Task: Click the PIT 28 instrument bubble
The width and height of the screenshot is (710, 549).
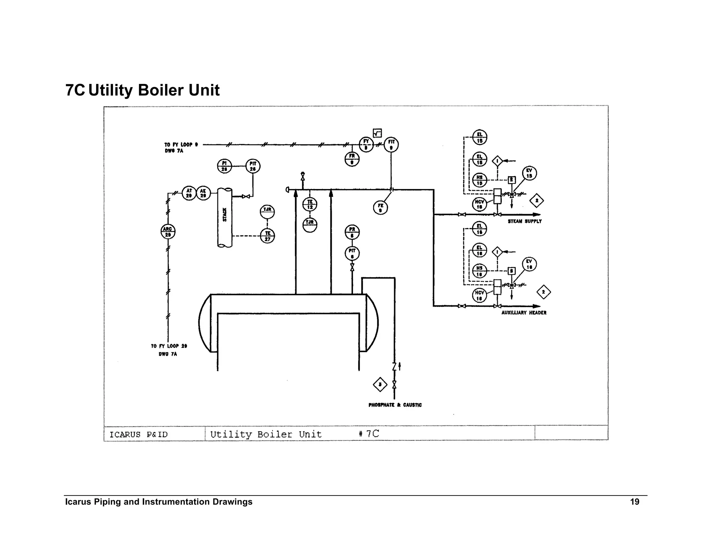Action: coord(253,166)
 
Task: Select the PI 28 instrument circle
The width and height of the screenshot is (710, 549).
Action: coord(224,166)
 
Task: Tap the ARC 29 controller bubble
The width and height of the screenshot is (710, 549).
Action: coord(168,231)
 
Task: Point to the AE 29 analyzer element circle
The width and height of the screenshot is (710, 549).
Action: coord(203,193)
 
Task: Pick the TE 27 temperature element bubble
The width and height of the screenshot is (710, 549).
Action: coord(267,236)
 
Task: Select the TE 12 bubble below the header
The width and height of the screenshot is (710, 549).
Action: coord(310,204)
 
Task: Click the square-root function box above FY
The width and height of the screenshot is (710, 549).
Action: coord(377,133)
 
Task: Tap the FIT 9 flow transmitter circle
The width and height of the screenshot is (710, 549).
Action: coord(391,144)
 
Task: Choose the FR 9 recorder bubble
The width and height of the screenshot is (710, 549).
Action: coord(352,159)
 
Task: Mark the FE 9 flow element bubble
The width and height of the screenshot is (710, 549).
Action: coord(380,208)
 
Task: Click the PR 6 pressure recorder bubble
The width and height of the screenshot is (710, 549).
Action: coord(352,232)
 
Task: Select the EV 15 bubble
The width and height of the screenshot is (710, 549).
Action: coord(529,173)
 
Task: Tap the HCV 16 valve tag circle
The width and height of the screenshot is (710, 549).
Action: coord(479,295)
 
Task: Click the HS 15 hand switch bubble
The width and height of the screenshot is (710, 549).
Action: coord(479,180)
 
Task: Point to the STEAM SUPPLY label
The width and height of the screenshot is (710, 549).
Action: coord(525,221)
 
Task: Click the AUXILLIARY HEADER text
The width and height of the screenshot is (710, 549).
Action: coord(523,313)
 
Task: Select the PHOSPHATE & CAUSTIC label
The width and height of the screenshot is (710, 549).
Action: coord(395,405)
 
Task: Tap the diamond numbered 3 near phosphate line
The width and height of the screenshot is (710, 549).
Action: coord(380,385)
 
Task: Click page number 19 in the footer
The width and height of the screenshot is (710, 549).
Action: coord(634,502)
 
